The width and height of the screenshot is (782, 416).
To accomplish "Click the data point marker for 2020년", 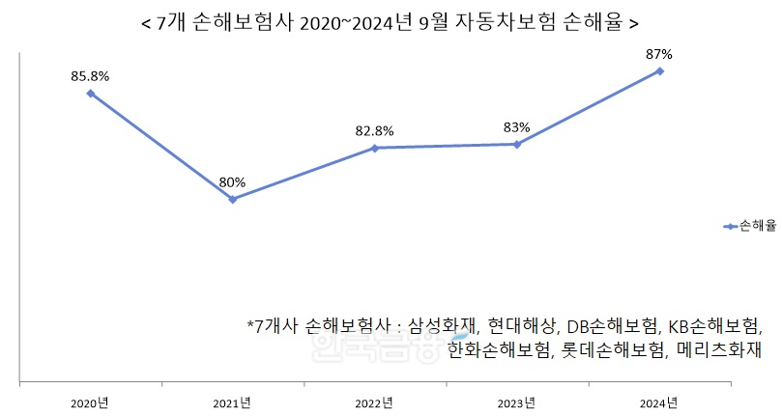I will [x=90, y=93].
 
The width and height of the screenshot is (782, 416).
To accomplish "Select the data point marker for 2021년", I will [x=232, y=199].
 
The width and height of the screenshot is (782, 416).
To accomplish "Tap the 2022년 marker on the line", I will [x=374, y=148].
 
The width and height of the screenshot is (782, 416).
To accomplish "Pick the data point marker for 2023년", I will [x=517, y=144].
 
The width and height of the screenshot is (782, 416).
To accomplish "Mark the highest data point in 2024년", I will [x=660, y=70].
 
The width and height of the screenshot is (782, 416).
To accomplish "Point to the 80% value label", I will [x=232, y=181].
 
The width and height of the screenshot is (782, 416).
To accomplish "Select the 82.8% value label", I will [x=374, y=129].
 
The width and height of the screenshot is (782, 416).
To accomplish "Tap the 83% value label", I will [x=517, y=126].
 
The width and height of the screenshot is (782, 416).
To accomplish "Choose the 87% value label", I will [x=660, y=53].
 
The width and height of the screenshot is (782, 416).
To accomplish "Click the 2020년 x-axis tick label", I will [x=90, y=402].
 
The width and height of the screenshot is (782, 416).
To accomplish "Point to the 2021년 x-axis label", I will [x=232, y=402].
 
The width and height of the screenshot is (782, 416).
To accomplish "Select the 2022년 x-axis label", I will [x=374, y=402].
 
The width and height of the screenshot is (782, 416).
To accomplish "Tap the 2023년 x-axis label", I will [x=517, y=402].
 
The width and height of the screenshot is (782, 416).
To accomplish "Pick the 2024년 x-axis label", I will [x=660, y=402].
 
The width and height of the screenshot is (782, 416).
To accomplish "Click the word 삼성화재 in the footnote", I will [x=443, y=325].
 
